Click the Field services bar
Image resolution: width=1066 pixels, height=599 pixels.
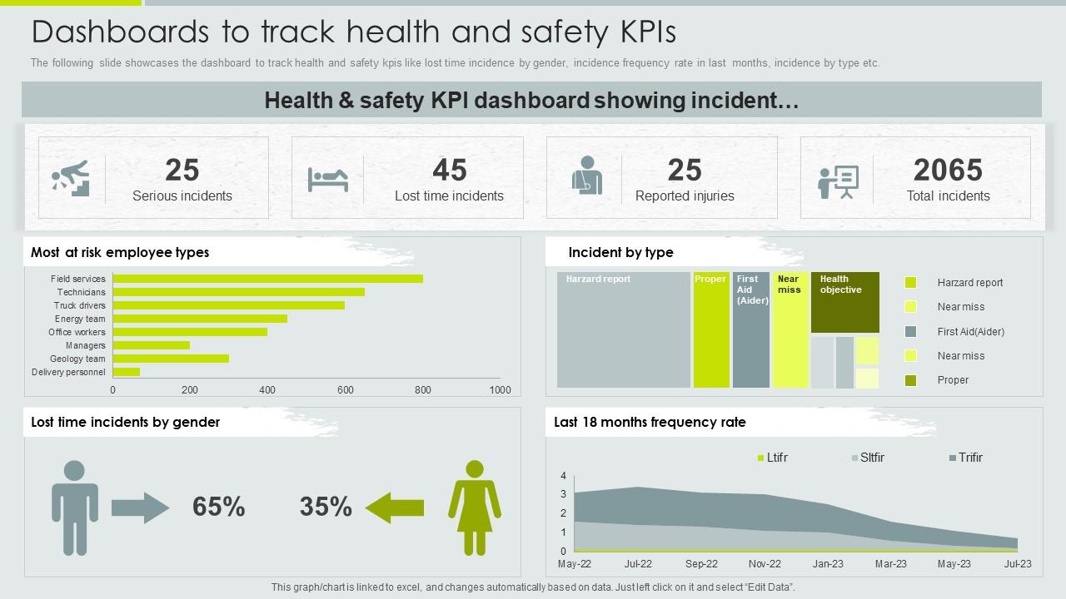267,279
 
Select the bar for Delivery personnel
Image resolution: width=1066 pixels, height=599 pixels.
127,372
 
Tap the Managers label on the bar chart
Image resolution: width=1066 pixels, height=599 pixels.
86,345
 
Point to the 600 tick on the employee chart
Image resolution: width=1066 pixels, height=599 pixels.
345,389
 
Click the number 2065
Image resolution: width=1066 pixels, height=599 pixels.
948,171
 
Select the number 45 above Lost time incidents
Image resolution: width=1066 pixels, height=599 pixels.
449,171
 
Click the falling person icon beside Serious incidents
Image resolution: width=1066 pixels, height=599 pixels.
71,178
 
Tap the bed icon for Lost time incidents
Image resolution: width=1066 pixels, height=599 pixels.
327,179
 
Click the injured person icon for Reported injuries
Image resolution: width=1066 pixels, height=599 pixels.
586,177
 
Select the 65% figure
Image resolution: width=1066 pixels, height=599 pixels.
218,507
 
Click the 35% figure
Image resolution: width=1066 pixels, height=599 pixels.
326,507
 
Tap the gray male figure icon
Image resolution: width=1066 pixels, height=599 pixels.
75,507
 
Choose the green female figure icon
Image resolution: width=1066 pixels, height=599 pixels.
475,507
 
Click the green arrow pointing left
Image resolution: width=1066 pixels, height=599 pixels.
395,507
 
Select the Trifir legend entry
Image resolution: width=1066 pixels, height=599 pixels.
965,458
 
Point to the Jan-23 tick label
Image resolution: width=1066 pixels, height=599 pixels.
828,564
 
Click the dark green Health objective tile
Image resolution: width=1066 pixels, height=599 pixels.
844,302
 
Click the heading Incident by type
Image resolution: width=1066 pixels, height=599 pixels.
620,252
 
